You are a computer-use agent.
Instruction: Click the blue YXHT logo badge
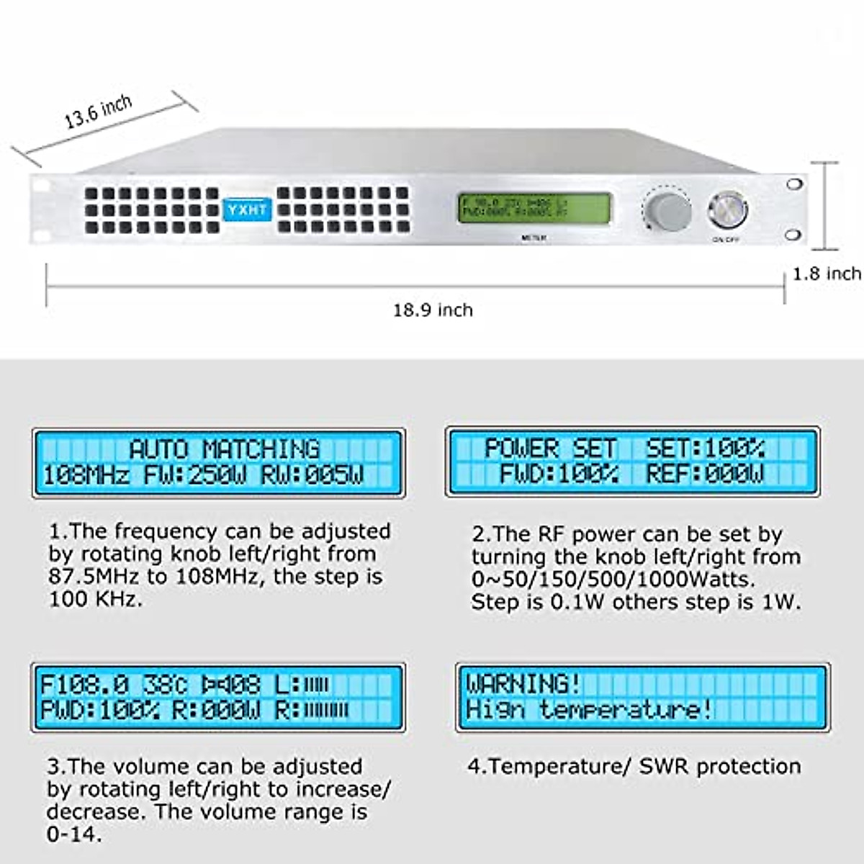click(x=246, y=210)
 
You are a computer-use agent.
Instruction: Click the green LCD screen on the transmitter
click(x=534, y=208)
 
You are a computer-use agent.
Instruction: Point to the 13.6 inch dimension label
click(x=98, y=112)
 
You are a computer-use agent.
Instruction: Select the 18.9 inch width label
click(x=433, y=310)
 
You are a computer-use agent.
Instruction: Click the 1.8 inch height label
click(x=827, y=274)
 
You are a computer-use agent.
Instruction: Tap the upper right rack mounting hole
click(x=794, y=184)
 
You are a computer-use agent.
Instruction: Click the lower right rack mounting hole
click(x=793, y=235)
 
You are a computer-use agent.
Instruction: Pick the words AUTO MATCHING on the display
click(x=224, y=449)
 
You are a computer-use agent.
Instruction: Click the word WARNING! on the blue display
click(x=523, y=683)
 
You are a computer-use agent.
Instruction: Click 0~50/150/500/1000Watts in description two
click(x=613, y=580)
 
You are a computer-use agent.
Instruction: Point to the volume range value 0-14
click(x=73, y=834)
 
